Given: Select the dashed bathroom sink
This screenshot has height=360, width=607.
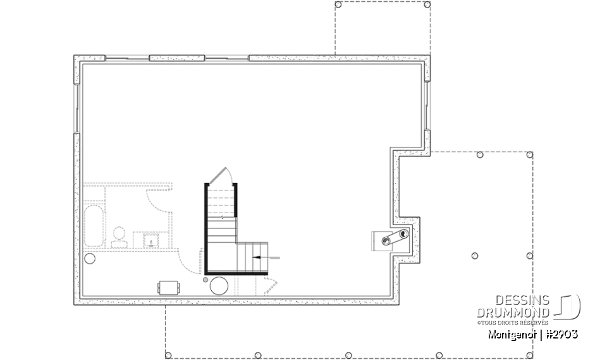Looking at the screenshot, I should tap(152, 240).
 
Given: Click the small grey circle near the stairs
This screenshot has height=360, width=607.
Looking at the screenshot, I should tap(204, 279).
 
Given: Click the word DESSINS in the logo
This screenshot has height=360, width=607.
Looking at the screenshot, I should tap(529, 301).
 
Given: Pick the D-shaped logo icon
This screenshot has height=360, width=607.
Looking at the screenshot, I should tap(568, 307).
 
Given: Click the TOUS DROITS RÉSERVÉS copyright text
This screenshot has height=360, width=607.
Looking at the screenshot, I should tap(517, 322).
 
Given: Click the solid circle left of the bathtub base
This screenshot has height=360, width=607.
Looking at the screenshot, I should tap(89, 258).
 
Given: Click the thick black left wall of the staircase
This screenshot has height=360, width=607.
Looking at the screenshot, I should tap(205, 228).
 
